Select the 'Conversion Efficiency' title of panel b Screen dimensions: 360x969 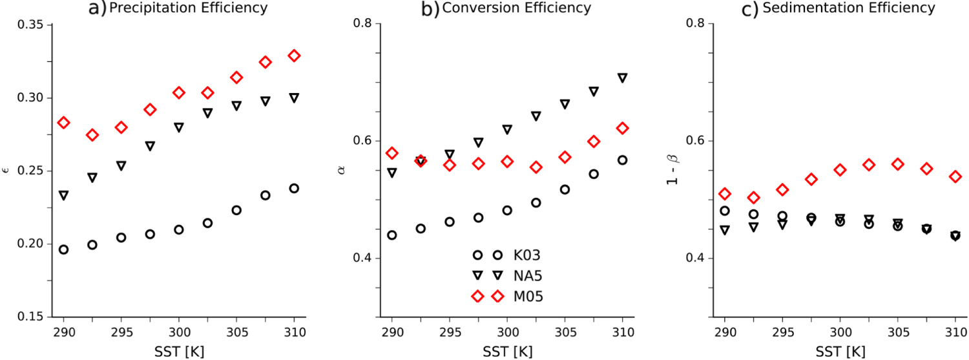[x=515, y=8]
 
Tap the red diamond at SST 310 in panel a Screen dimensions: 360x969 [x=294, y=56]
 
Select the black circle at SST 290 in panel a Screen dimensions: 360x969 [x=63, y=249]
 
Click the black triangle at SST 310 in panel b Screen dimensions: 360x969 [x=622, y=78]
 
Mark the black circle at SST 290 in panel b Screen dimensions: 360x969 [x=391, y=235]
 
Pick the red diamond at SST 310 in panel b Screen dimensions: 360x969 [x=622, y=128]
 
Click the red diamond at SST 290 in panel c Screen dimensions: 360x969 [x=725, y=194]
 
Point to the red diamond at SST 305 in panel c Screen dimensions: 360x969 [x=897, y=164]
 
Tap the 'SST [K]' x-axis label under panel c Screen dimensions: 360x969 [x=840, y=352]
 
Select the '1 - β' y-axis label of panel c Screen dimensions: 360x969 [x=671, y=171]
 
